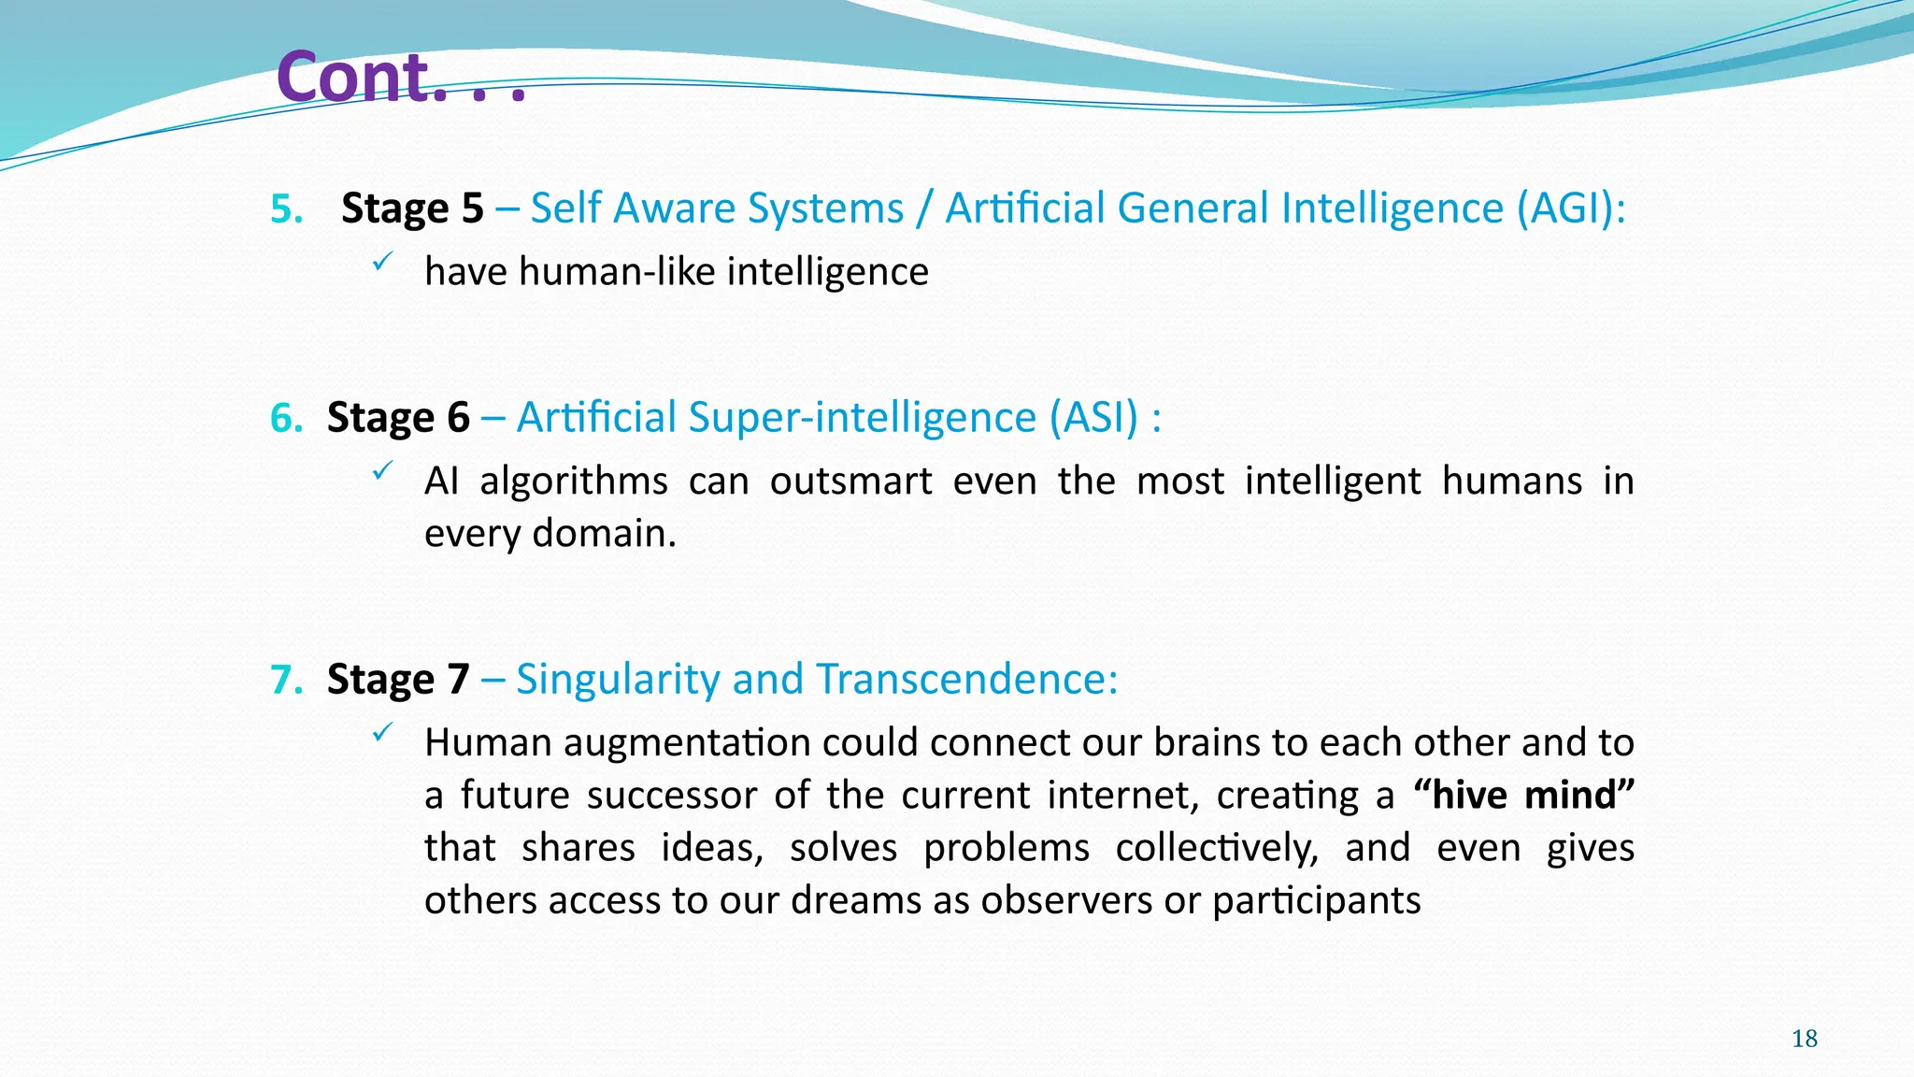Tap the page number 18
pyautogui.click(x=1804, y=1039)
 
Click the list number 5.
pyautogui.click(x=287, y=208)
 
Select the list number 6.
pyautogui.click(x=287, y=418)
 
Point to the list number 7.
pyautogui.click(x=287, y=680)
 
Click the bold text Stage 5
pyautogui.click(x=412, y=208)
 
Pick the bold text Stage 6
pyautogui.click(x=398, y=418)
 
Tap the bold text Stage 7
pyautogui.click(x=398, y=680)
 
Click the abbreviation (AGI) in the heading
pyautogui.click(x=1570, y=208)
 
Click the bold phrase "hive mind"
pyautogui.click(x=1523, y=796)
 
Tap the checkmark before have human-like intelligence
pyautogui.click(x=381, y=264)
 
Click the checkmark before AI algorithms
pyautogui.click(x=381, y=472)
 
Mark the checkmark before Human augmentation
pyautogui.click(x=381, y=734)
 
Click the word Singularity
pyautogui.click(x=617, y=680)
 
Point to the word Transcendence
pyautogui.click(x=966, y=680)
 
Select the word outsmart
pyautogui.click(x=850, y=481)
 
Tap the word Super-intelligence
pyautogui.click(x=862, y=418)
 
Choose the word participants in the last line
pyautogui.click(x=1316, y=901)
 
